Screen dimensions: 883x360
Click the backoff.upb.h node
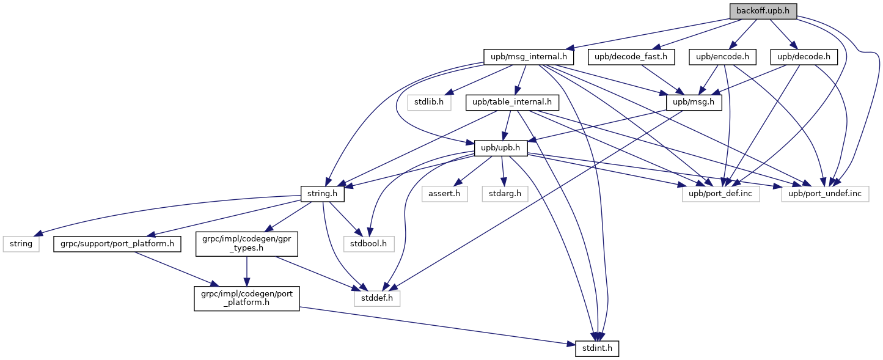tap(763, 11)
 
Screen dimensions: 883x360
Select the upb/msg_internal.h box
tap(529, 57)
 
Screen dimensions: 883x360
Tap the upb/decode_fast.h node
tap(631, 57)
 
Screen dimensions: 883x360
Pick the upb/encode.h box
tap(722, 57)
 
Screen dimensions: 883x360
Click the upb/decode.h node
tap(804, 57)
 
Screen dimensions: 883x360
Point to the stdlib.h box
tap(429, 103)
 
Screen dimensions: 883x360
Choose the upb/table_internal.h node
tap(512, 103)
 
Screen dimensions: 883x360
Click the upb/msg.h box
tap(694, 103)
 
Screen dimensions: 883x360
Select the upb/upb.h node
tap(500, 149)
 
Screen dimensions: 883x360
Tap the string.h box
tap(323, 194)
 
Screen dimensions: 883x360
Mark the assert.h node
tap(445, 194)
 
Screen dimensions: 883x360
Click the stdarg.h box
tap(505, 194)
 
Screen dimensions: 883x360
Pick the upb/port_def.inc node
tap(720, 194)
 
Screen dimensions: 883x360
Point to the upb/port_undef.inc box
tap(825, 194)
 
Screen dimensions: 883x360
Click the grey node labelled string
tap(21, 244)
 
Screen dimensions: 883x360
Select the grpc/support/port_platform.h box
tap(117, 244)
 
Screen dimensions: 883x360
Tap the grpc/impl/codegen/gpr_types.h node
tap(247, 244)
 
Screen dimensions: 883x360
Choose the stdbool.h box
tap(369, 244)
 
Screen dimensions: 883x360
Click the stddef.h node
tap(377, 298)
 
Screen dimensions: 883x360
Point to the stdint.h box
tap(597, 348)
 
